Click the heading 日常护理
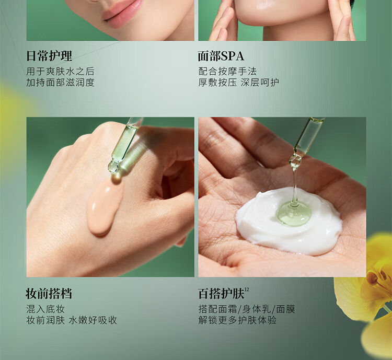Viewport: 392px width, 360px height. pos(49,56)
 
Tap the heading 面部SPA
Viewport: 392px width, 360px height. pos(221,56)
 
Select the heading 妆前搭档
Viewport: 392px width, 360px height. pos(49,294)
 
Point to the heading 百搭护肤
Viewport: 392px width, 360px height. pos(221,294)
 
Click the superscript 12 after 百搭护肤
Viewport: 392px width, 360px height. pos(247,289)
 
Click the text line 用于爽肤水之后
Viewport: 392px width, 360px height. pos(60,72)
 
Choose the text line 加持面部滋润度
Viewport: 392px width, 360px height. pos(60,82)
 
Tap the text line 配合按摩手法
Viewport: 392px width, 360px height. pos(227,72)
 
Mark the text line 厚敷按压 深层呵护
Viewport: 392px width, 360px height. pos(238,82)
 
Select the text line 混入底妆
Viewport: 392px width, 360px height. pos(45,309)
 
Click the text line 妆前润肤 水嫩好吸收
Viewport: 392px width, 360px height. pos(72,320)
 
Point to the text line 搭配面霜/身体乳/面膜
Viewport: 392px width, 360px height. pos(247,309)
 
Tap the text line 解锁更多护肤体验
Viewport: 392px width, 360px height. pos(237,320)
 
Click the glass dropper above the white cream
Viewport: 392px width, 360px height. pos(306,143)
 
